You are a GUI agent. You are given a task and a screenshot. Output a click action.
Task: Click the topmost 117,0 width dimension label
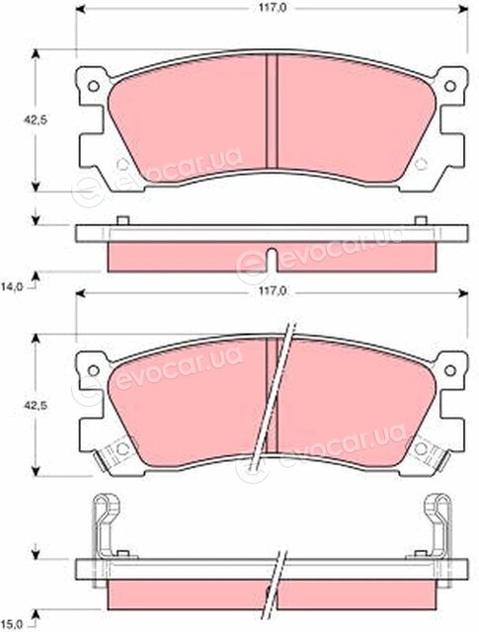(x=270, y=8)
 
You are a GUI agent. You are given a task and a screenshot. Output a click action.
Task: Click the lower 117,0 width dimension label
(x=270, y=292)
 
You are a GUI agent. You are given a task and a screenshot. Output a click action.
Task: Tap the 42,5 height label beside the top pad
(x=36, y=120)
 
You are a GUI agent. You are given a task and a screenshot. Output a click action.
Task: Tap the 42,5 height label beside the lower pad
(x=36, y=405)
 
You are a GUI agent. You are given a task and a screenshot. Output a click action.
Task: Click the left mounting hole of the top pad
(x=94, y=86)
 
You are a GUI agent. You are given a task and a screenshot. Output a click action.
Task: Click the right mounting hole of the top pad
(x=450, y=86)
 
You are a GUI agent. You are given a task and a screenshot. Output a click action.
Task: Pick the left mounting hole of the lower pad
(x=94, y=370)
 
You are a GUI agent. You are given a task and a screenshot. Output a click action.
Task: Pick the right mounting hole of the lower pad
(x=450, y=370)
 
